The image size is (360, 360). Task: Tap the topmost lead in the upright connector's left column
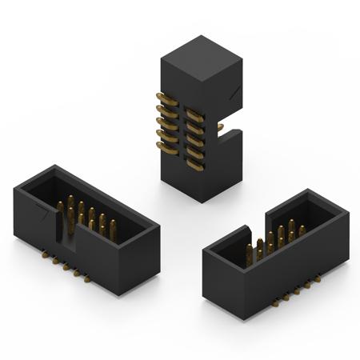(x=166, y=98)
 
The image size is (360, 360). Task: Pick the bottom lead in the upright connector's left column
(x=166, y=147)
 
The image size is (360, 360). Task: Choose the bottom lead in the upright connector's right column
(x=194, y=163)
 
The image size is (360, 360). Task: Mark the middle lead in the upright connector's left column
(x=166, y=123)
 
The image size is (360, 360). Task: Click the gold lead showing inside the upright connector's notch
(x=220, y=126)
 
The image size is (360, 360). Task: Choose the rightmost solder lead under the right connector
(x=318, y=279)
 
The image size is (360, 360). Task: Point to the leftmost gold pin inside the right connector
(x=250, y=254)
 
